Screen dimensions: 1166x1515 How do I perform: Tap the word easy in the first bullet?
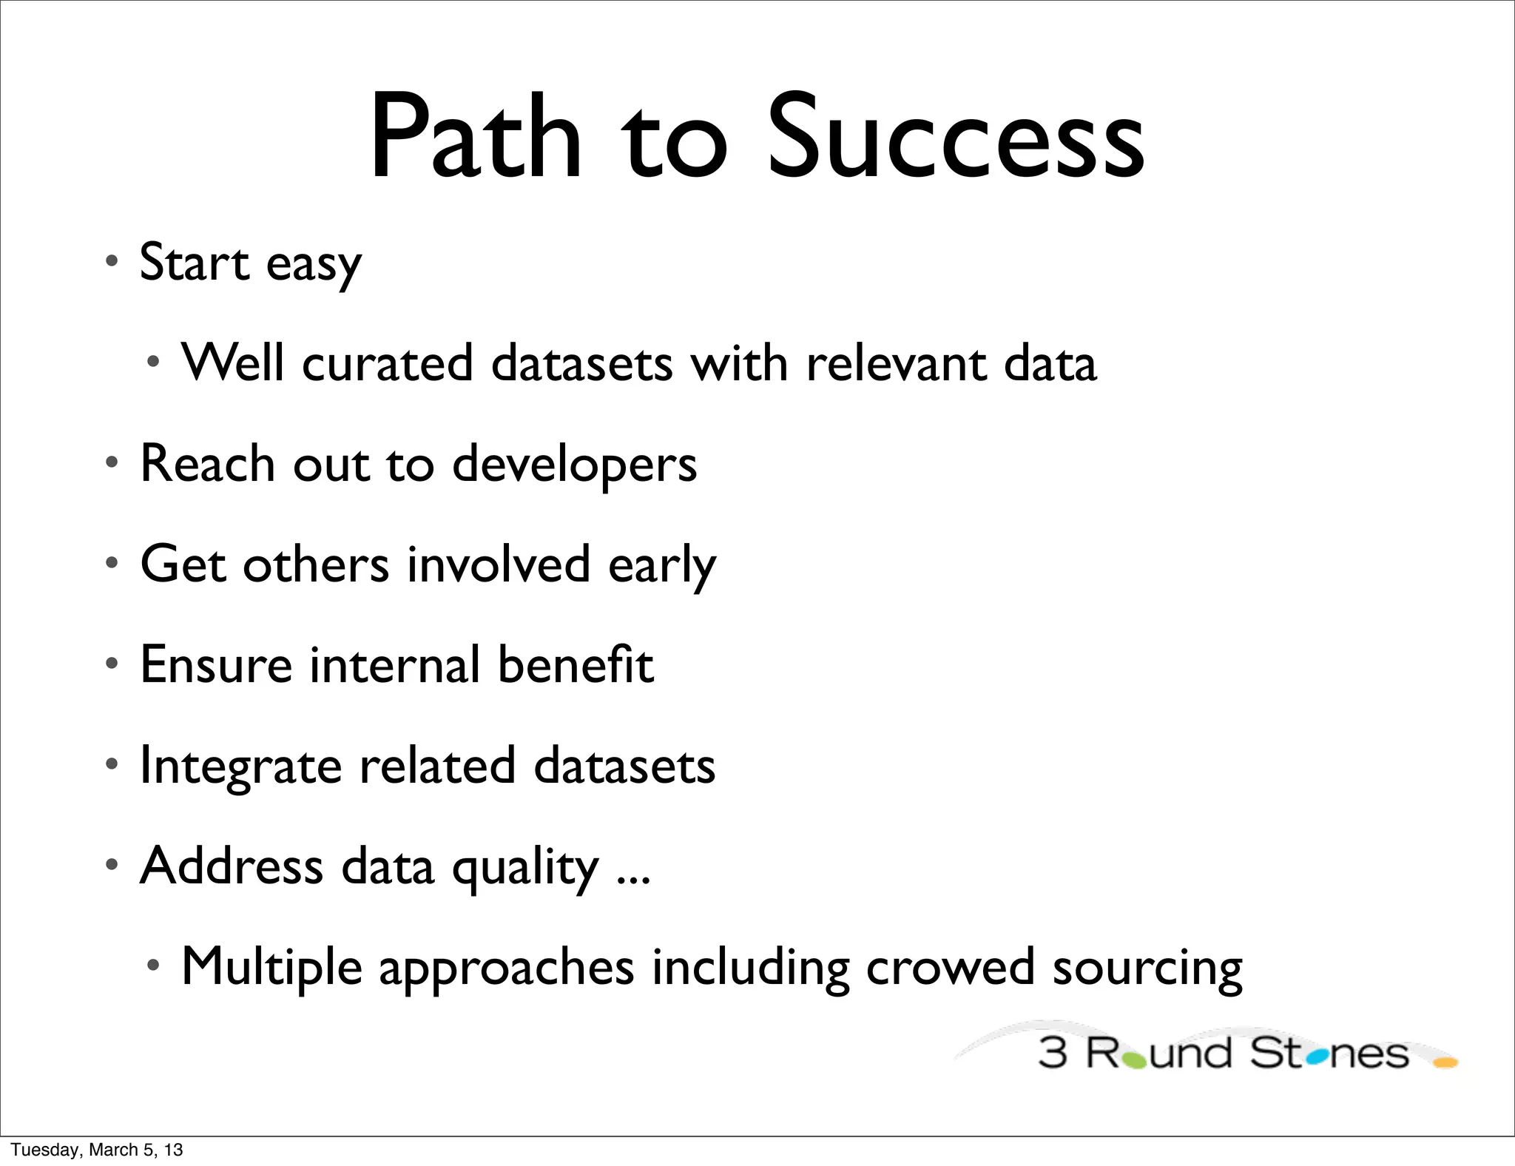point(314,264)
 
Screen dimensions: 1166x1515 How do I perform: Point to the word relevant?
point(896,363)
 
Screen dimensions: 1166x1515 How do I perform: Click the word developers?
point(574,465)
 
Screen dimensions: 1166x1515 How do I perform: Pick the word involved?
point(499,565)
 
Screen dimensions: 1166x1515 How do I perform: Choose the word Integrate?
point(240,766)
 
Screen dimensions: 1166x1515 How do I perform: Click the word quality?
point(525,867)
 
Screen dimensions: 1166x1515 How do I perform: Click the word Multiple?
point(271,967)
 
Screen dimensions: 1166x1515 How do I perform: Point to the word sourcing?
point(1147,967)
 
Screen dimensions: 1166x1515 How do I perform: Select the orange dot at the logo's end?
point(1445,1063)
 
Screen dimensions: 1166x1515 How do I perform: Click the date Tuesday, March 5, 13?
point(97,1150)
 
